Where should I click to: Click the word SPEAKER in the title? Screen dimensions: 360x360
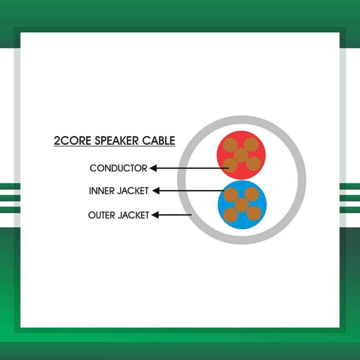[x=116, y=141]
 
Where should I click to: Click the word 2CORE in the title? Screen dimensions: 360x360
[x=72, y=141]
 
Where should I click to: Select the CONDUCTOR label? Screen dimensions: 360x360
[x=118, y=168]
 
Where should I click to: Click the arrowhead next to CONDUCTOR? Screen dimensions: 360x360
[x=153, y=168]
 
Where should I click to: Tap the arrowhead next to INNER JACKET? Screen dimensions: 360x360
[x=156, y=191]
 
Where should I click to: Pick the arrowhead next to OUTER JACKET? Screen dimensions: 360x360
[x=155, y=215]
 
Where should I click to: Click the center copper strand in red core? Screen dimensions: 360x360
[x=241, y=155]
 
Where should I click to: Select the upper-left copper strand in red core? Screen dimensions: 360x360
[x=230, y=145]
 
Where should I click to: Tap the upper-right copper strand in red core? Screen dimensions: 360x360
[x=251, y=145]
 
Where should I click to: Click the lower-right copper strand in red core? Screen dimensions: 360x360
[x=253, y=164]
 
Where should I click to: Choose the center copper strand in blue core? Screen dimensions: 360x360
[x=242, y=205]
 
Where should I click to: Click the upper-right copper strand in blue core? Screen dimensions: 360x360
[x=252, y=194]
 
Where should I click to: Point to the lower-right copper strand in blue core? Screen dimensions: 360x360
[x=254, y=213]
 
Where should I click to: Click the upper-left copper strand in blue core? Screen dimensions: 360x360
[x=231, y=195]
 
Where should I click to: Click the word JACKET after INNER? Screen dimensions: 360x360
[x=133, y=191]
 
